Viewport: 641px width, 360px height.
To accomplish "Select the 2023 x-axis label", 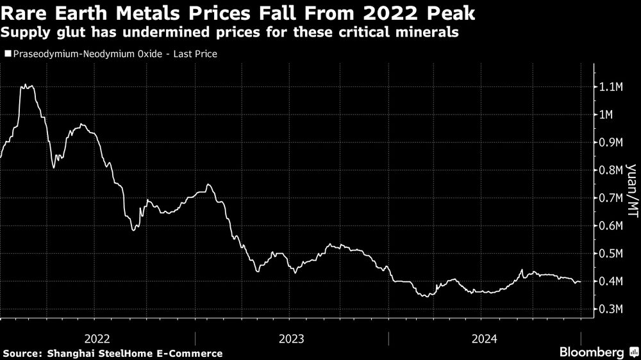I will [292, 337].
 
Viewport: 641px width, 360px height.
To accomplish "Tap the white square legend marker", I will [7, 54].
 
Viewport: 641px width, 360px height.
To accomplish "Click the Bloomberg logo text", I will [592, 352].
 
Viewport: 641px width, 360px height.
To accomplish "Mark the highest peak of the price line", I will [28, 85].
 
